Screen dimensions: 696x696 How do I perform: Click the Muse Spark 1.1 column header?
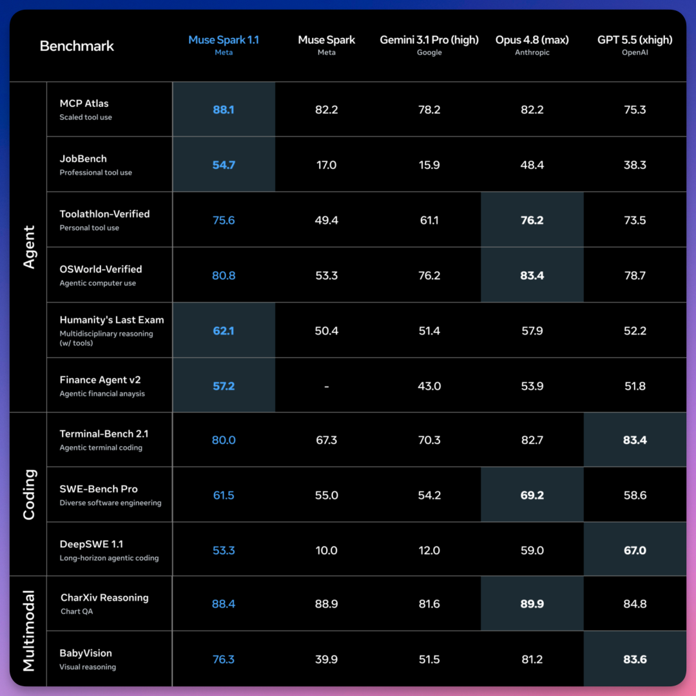[223, 40]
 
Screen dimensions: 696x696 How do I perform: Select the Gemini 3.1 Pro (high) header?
[429, 40]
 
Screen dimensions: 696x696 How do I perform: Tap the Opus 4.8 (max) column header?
[532, 40]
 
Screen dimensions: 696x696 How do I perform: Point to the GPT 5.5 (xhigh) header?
[635, 40]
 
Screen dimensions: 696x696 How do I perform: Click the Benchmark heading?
[77, 46]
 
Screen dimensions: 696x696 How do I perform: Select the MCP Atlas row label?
[84, 103]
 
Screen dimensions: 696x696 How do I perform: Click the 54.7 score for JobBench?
[223, 165]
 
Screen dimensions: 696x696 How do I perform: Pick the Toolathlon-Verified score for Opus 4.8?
[532, 220]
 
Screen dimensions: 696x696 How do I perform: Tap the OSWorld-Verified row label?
[101, 269]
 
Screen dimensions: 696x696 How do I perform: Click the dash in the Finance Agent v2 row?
[326, 387]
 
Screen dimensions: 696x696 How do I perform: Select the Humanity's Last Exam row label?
[112, 320]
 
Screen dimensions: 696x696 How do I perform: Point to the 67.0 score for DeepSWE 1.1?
[635, 550]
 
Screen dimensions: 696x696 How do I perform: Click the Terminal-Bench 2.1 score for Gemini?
[429, 440]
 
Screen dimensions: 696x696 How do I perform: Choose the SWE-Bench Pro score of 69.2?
[532, 495]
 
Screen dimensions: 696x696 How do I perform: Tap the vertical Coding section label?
[29, 494]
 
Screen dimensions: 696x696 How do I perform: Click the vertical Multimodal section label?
[29, 631]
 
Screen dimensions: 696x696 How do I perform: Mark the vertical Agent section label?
[29, 247]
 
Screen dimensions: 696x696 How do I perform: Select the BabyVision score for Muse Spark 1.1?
[223, 659]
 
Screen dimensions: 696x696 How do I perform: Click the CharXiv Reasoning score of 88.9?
[326, 604]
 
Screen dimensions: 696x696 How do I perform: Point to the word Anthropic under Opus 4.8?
[532, 52]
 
